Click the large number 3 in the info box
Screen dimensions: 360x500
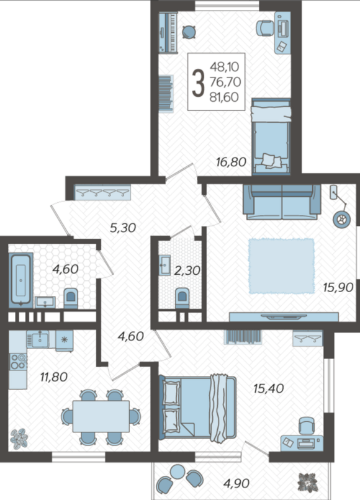click(x=198, y=83)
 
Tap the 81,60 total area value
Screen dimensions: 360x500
click(x=224, y=97)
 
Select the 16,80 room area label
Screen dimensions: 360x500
click(x=231, y=162)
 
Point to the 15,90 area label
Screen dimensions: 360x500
click(x=338, y=287)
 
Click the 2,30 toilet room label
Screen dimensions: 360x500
click(x=187, y=270)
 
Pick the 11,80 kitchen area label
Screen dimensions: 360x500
click(x=53, y=377)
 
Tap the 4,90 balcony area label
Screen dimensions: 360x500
click(x=236, y=483)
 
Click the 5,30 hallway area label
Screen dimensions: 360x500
click(x=123, y=228)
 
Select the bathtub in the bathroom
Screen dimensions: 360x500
click(x=20, y=280)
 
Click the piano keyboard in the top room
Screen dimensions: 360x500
click(x=168, y=32)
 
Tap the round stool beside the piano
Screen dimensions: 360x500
click(x=189, y=32)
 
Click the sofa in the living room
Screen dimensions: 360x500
click(x=282, y=202)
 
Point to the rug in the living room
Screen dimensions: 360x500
click(x=282, y=266)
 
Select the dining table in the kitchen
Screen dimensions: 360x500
click(x=101, y=416)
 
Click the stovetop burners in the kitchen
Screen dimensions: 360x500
click(x=18, y=362)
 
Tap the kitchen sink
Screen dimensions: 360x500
click(x=40, y=339)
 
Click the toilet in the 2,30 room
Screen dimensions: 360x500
click(x=182, y=298)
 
